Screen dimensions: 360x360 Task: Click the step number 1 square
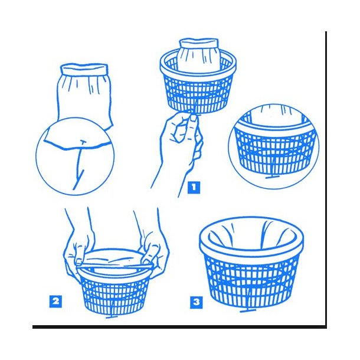[x=194, y=188]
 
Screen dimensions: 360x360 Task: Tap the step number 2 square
[x=55, y=301]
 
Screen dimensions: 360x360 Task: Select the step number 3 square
[x=197, y=302]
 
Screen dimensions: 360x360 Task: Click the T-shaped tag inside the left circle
[x=83, y=142]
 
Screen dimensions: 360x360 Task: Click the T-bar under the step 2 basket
[x=112, y=317]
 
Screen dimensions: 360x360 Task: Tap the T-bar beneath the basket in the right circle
[x=272, y=177]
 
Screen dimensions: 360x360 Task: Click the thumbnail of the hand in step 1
[x=194, y=118]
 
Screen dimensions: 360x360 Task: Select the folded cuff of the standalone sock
[x=84, y=68]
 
